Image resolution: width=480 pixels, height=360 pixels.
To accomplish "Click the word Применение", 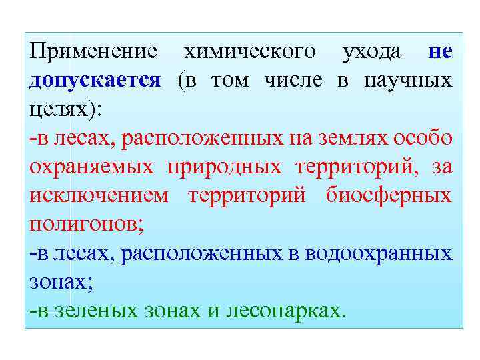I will pos(93,52).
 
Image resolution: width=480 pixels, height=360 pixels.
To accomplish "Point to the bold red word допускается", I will pos(95,81).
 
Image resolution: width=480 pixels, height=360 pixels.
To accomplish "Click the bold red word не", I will pos(441,52).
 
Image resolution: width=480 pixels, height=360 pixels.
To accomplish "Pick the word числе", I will pos(293,81).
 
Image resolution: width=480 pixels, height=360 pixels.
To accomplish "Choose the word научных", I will pos(408,81).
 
